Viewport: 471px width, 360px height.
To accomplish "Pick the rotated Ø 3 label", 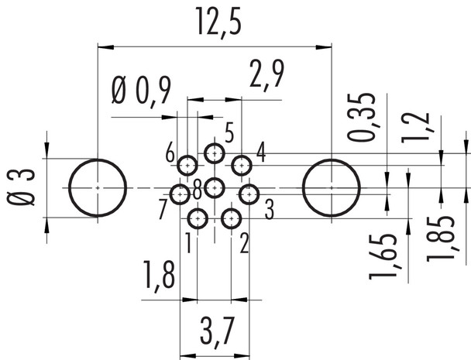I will pos(24,188).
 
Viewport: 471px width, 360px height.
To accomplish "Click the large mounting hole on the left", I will pos(98,188).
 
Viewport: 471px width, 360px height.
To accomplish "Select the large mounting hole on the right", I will pos(332,188).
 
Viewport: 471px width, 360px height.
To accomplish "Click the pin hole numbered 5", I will pos(214,153).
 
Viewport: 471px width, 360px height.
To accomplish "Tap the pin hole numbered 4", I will pos(242,165).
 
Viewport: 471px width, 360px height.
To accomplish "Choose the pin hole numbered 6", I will pos(187,165).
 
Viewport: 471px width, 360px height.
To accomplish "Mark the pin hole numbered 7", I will pos(180,194).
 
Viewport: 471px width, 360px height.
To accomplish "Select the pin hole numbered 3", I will pos(248,194).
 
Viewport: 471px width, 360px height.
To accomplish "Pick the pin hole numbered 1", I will pos(198,219).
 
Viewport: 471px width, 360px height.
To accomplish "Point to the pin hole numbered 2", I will pos(230,219).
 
